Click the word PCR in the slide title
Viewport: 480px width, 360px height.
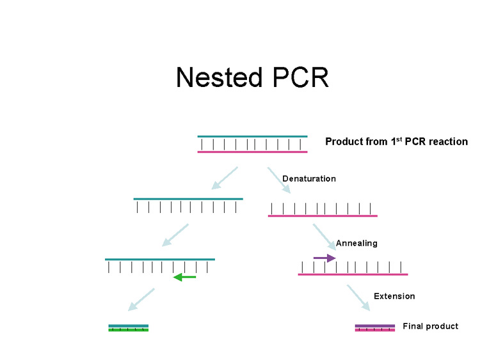pos(299,77)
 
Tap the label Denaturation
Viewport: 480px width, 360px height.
pos(309,178)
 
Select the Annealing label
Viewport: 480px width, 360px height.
pos(356,243)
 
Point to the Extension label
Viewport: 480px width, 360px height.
pos(394,296)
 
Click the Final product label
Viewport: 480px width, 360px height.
pos(430,326)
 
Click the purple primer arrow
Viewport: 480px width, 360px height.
pos(324,258)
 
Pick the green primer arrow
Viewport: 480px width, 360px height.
pos(185,277)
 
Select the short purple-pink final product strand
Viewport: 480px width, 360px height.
pos(375,328)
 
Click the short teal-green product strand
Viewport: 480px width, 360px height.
pos(128,328)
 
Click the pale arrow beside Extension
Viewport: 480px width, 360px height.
pos(358,298)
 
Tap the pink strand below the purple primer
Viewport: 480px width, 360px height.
pos(353,274)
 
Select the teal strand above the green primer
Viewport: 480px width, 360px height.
pos(160,259)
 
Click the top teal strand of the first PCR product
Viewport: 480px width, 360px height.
pos(252,136)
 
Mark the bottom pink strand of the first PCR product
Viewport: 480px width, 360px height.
pos(252,152)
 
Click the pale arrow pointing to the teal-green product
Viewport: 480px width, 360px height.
pos(142,301)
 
